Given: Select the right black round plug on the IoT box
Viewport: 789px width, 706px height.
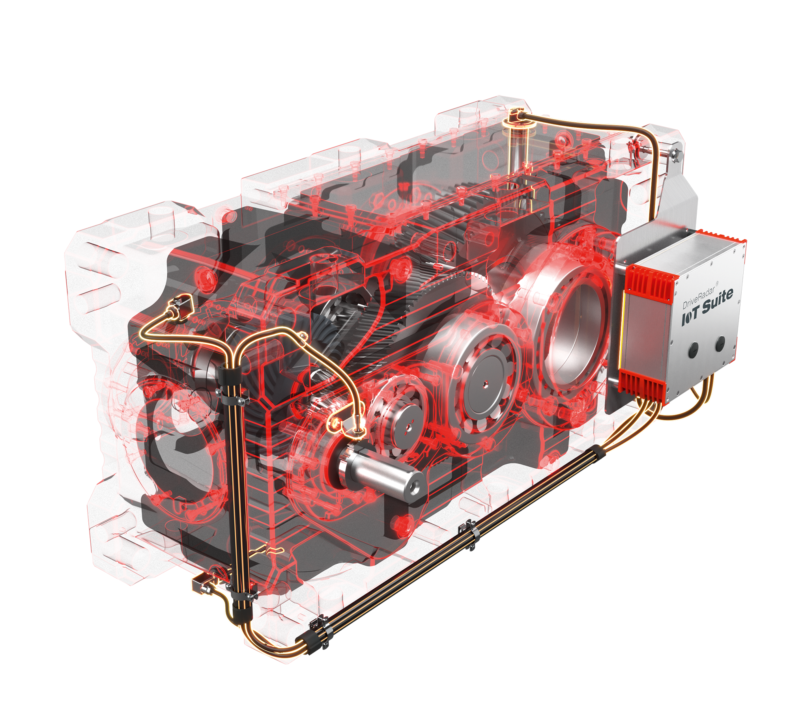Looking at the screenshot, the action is [720, 342].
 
